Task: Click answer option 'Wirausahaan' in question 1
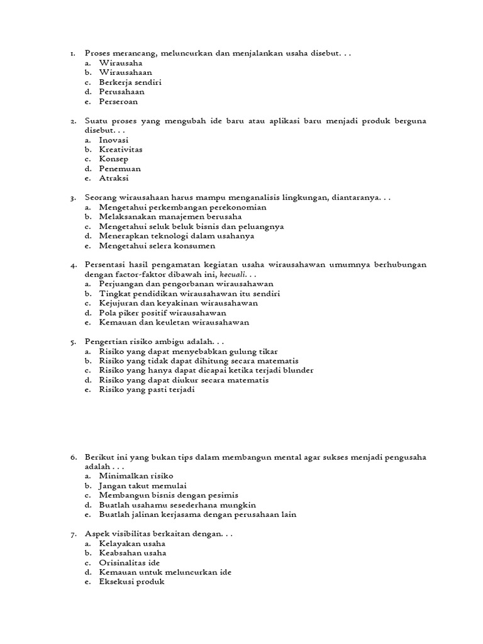coord(125,72)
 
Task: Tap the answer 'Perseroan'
coord(118,101)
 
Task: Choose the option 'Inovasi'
coord(114,140)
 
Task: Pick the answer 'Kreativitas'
coord(121,150)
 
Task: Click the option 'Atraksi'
coord(114,178)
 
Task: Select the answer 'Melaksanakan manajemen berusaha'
coord(170,216)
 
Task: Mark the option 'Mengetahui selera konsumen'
coord(157,245)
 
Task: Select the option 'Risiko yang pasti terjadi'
coord(147,389)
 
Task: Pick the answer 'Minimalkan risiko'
coord(136,476)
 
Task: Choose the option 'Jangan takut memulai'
coord(142,486)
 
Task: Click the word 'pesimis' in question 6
coord(223,495)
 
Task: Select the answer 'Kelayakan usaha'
coord(132,543)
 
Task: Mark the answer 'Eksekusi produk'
coord(131,582)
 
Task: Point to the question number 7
coord(73,534)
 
